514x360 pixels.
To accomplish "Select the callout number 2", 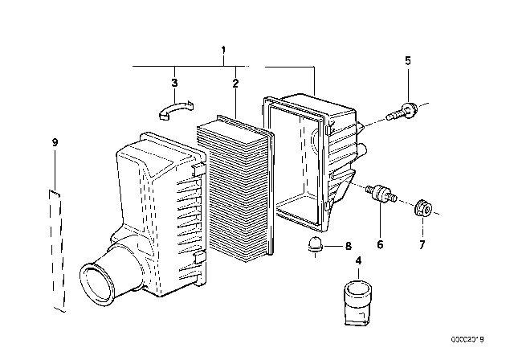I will pos(235,83).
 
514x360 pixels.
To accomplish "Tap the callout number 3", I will pos(174,82).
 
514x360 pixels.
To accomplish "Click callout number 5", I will pos(407,60).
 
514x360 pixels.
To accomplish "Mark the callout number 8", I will pos(347,247).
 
